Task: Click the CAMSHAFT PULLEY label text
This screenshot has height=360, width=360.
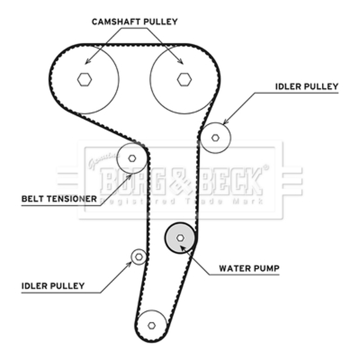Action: [x=135, y=21]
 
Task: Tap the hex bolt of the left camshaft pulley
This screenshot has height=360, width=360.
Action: [x=84, y=79]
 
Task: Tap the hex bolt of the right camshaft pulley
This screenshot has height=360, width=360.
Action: [x=184, y=79]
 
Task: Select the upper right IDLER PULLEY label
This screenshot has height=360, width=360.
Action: [x=306, y=86]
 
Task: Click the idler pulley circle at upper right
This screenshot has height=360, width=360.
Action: [x=216, y=137]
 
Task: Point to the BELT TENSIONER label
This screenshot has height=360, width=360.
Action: [x=59, y=198]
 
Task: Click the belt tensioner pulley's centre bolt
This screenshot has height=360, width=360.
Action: [x=132, y=158]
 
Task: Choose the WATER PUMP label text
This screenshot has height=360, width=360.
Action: [x=249, y=269]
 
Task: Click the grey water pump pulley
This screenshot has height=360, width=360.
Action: [x=180, y=238]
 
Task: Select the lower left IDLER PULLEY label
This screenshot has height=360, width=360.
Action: [x=53, y=285]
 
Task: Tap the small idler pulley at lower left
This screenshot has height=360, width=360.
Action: [x=139, y=256]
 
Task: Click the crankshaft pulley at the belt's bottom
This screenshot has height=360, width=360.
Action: [x=152, y=325]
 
